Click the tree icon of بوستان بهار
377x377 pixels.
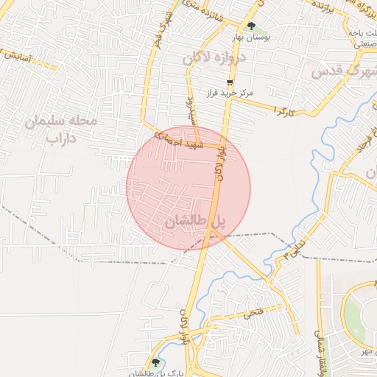tap(252, 26)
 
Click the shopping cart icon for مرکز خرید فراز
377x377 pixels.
tap(230, 82)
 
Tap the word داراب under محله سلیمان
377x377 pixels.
tap(63, 138)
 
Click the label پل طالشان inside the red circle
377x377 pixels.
tap(194, 221)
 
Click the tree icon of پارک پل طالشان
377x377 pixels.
tap(155, 362)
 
